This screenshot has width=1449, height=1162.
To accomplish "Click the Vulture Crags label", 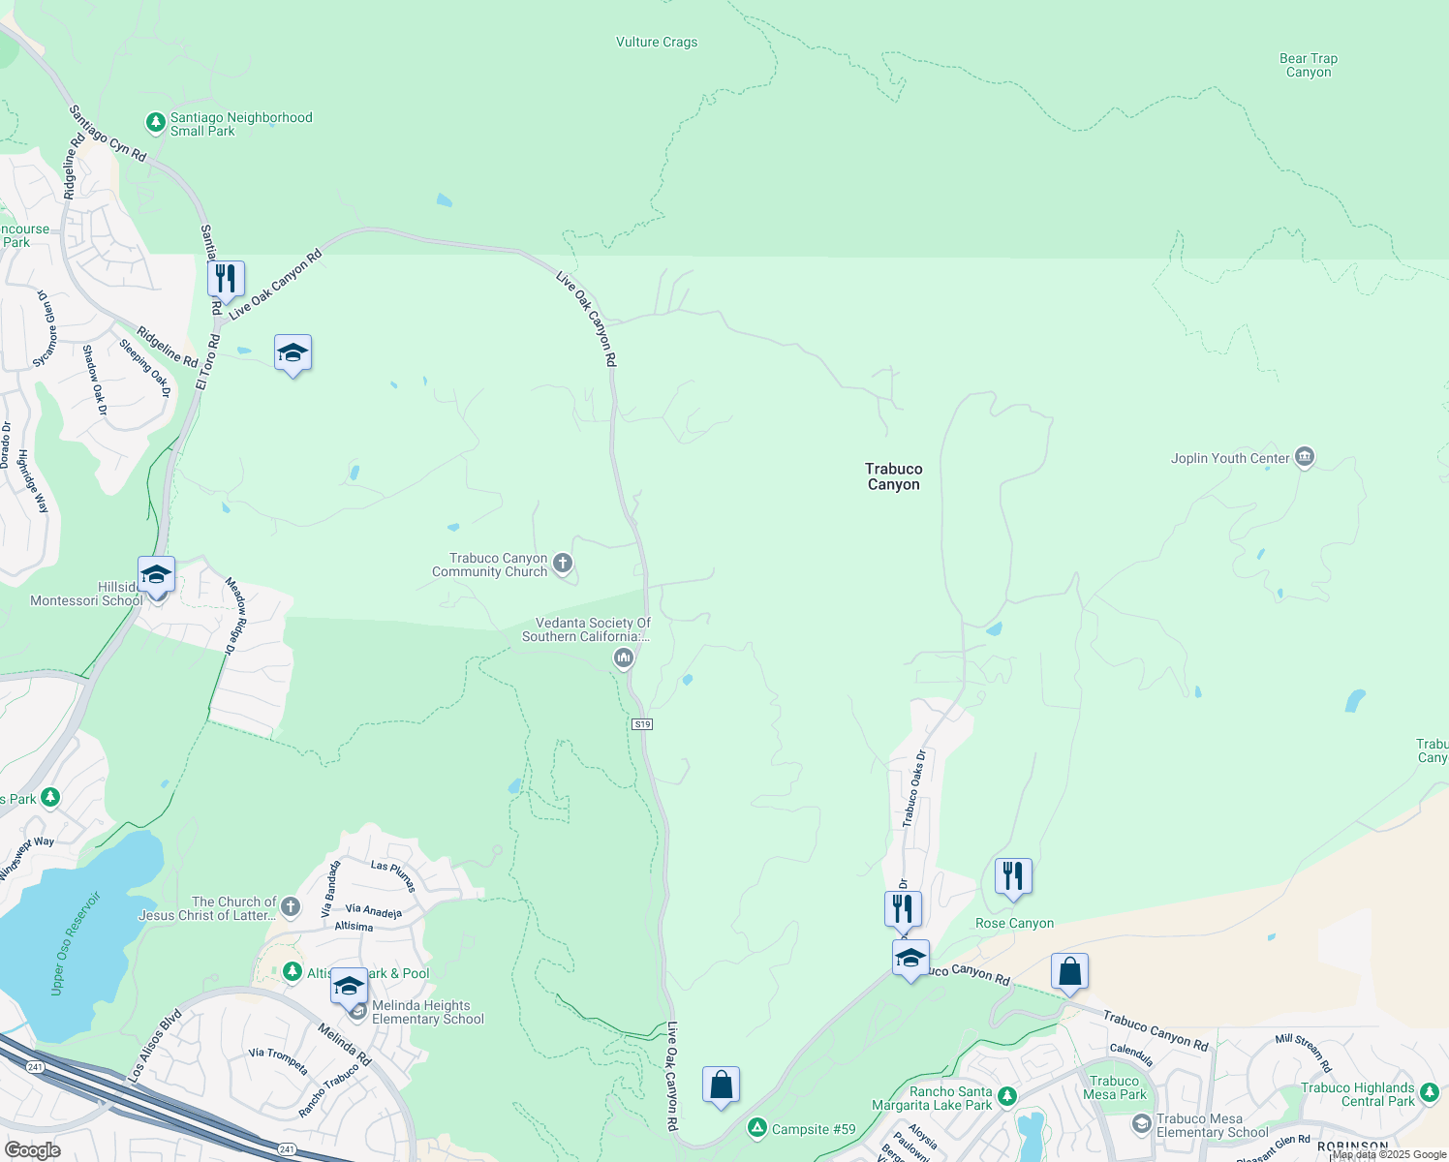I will point(657,43).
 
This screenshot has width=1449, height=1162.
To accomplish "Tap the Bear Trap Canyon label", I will point(1309,65).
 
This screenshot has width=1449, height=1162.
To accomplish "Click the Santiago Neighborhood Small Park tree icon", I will point(155,123).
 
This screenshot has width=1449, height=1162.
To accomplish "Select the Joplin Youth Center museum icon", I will point(1305,457).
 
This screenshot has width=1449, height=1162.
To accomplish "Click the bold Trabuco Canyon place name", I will point(893,476).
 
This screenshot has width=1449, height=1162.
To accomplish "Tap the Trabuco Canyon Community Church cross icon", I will point(562,563).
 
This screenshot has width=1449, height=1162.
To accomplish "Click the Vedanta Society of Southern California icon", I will point(623,658).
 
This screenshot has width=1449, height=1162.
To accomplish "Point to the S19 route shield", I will point(642,724).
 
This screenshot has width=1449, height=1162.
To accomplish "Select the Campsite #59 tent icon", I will point(757,1128).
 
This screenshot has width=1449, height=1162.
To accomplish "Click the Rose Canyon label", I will point(1014,923).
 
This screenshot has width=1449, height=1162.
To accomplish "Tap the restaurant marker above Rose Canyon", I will point(1013,876).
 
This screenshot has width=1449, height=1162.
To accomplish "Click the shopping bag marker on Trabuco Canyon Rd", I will point(1069,971).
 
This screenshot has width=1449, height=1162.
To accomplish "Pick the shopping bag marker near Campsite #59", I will point(721,1085).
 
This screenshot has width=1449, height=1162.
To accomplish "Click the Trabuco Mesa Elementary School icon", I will point(1142,1123).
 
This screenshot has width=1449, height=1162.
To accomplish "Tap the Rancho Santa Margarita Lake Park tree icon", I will point(1007,1096).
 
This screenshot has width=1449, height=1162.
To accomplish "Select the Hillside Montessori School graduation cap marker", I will point(156,575).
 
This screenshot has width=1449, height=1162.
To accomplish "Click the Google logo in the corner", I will point(32,1150).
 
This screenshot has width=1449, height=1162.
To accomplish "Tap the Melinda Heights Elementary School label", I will point(427,1012).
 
